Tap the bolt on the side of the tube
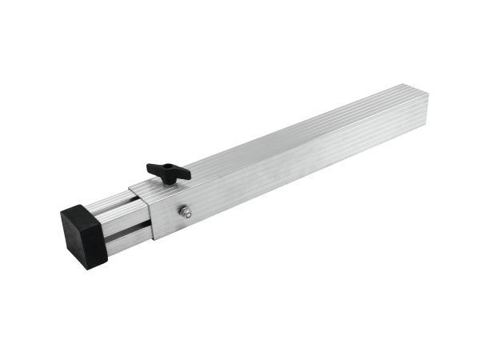pos(186,212)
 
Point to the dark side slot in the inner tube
pos(128,227)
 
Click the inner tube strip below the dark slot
pos(128,239)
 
